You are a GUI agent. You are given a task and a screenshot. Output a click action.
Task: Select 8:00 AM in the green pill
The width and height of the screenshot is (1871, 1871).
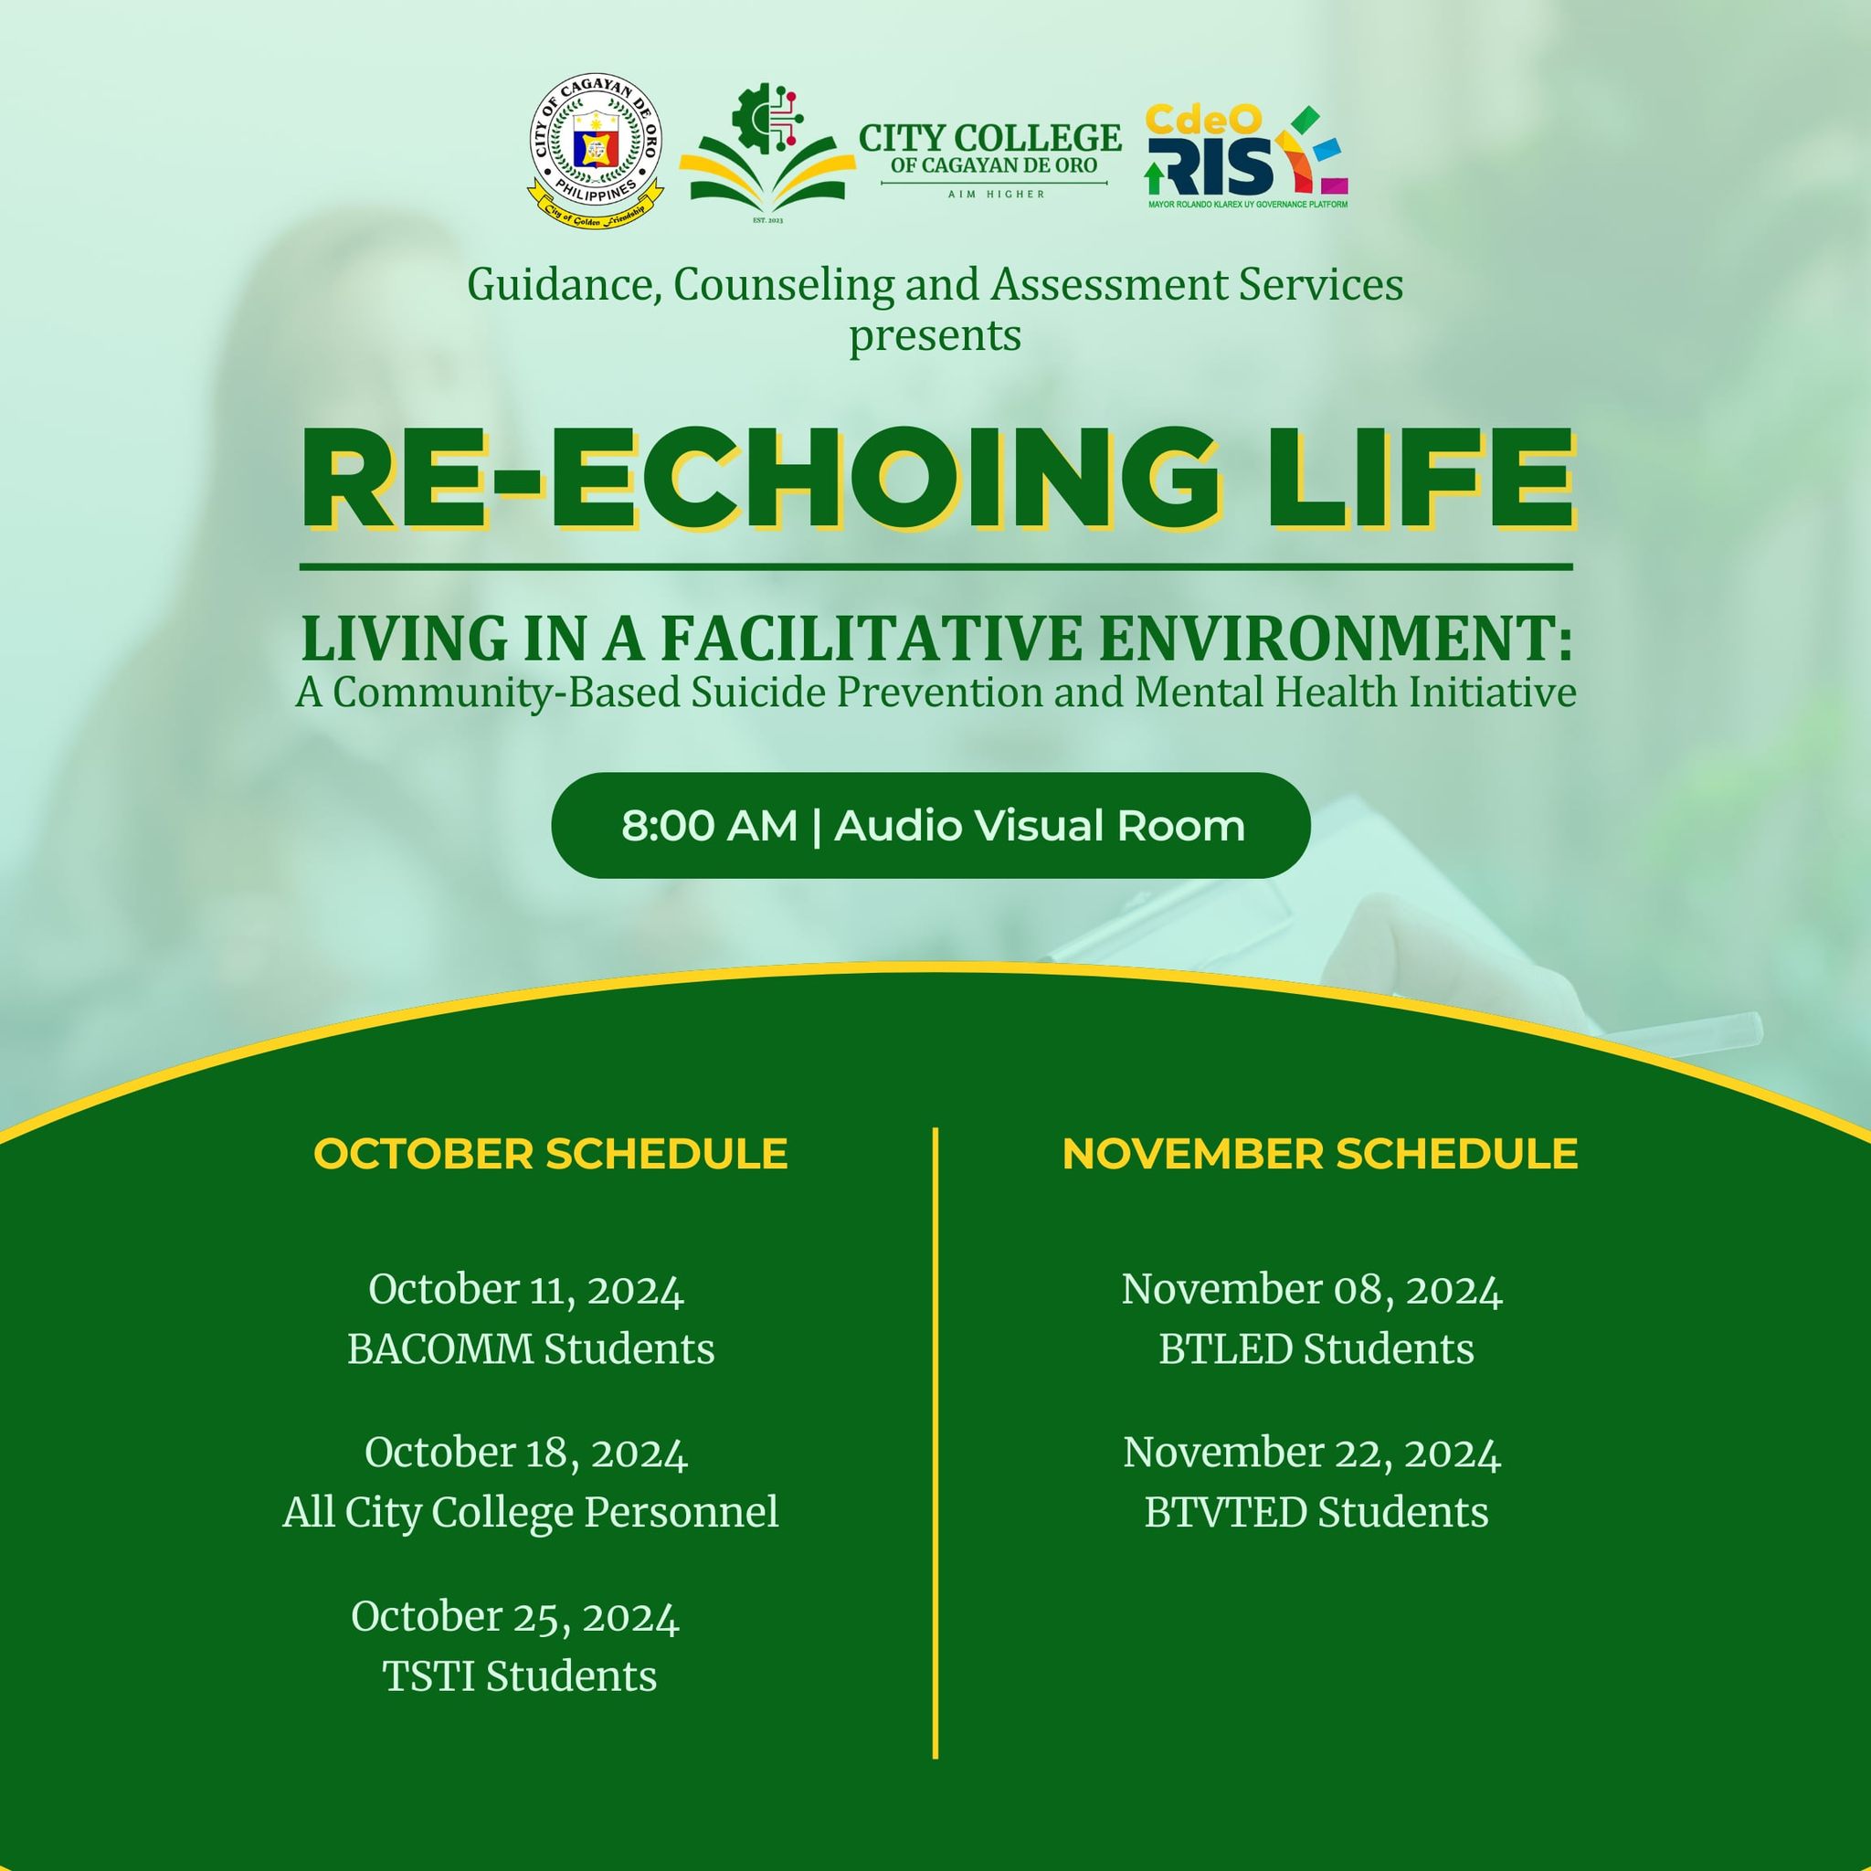point(709,826)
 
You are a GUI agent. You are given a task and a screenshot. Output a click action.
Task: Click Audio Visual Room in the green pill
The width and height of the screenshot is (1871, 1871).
point(1039,826)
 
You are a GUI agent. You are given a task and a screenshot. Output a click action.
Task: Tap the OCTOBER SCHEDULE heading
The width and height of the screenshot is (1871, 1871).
point(550,1155)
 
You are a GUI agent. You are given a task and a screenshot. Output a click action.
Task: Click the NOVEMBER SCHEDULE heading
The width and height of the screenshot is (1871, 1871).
point(1320,1155)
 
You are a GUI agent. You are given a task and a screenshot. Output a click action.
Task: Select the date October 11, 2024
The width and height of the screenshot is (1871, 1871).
point(526,1290)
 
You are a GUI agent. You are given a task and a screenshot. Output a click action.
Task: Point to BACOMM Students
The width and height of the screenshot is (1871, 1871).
point(531,1349)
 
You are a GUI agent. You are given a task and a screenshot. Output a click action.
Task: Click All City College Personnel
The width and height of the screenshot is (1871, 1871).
point(531,1512)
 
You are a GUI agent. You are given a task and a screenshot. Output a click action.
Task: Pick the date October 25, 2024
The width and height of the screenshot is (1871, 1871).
point(515,1616)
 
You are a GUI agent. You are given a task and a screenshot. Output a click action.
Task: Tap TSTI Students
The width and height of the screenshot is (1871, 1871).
point(519,1676)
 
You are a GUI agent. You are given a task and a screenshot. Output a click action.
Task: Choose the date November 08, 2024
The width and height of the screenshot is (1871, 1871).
point(1312,1290)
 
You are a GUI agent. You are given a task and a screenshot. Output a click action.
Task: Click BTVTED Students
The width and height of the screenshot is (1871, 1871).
point(1316,1512)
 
